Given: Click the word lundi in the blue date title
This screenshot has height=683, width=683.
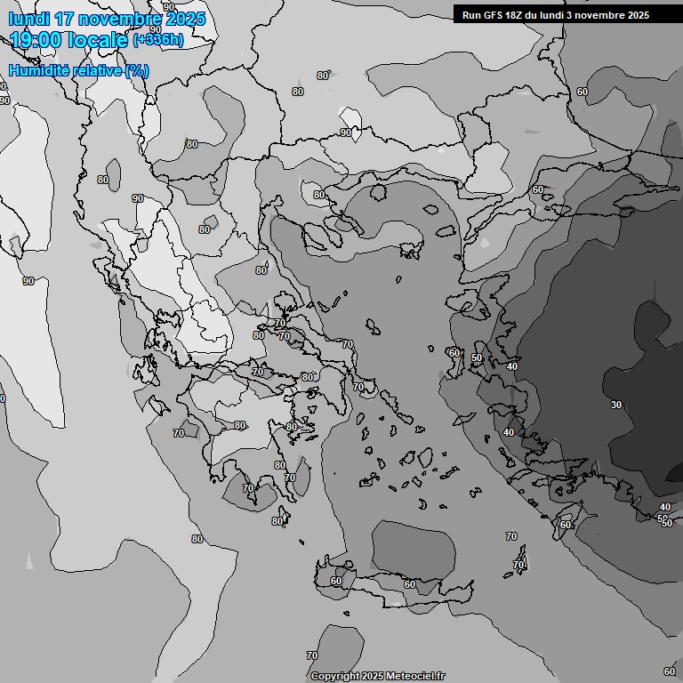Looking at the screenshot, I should point(29,20).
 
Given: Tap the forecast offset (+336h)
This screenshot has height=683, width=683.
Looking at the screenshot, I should point(158,40).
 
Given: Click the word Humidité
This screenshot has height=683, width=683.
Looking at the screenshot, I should point(38,70).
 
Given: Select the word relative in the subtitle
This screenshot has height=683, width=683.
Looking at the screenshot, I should point(95,70).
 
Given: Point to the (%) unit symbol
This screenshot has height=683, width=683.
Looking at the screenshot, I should point(137,70).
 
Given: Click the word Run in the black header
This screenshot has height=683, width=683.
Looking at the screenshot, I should point(471,15).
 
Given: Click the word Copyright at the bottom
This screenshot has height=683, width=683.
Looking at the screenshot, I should point(334,676).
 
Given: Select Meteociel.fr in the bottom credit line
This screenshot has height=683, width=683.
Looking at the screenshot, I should point(414,676).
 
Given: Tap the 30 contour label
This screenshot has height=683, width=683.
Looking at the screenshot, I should point(616,405).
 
